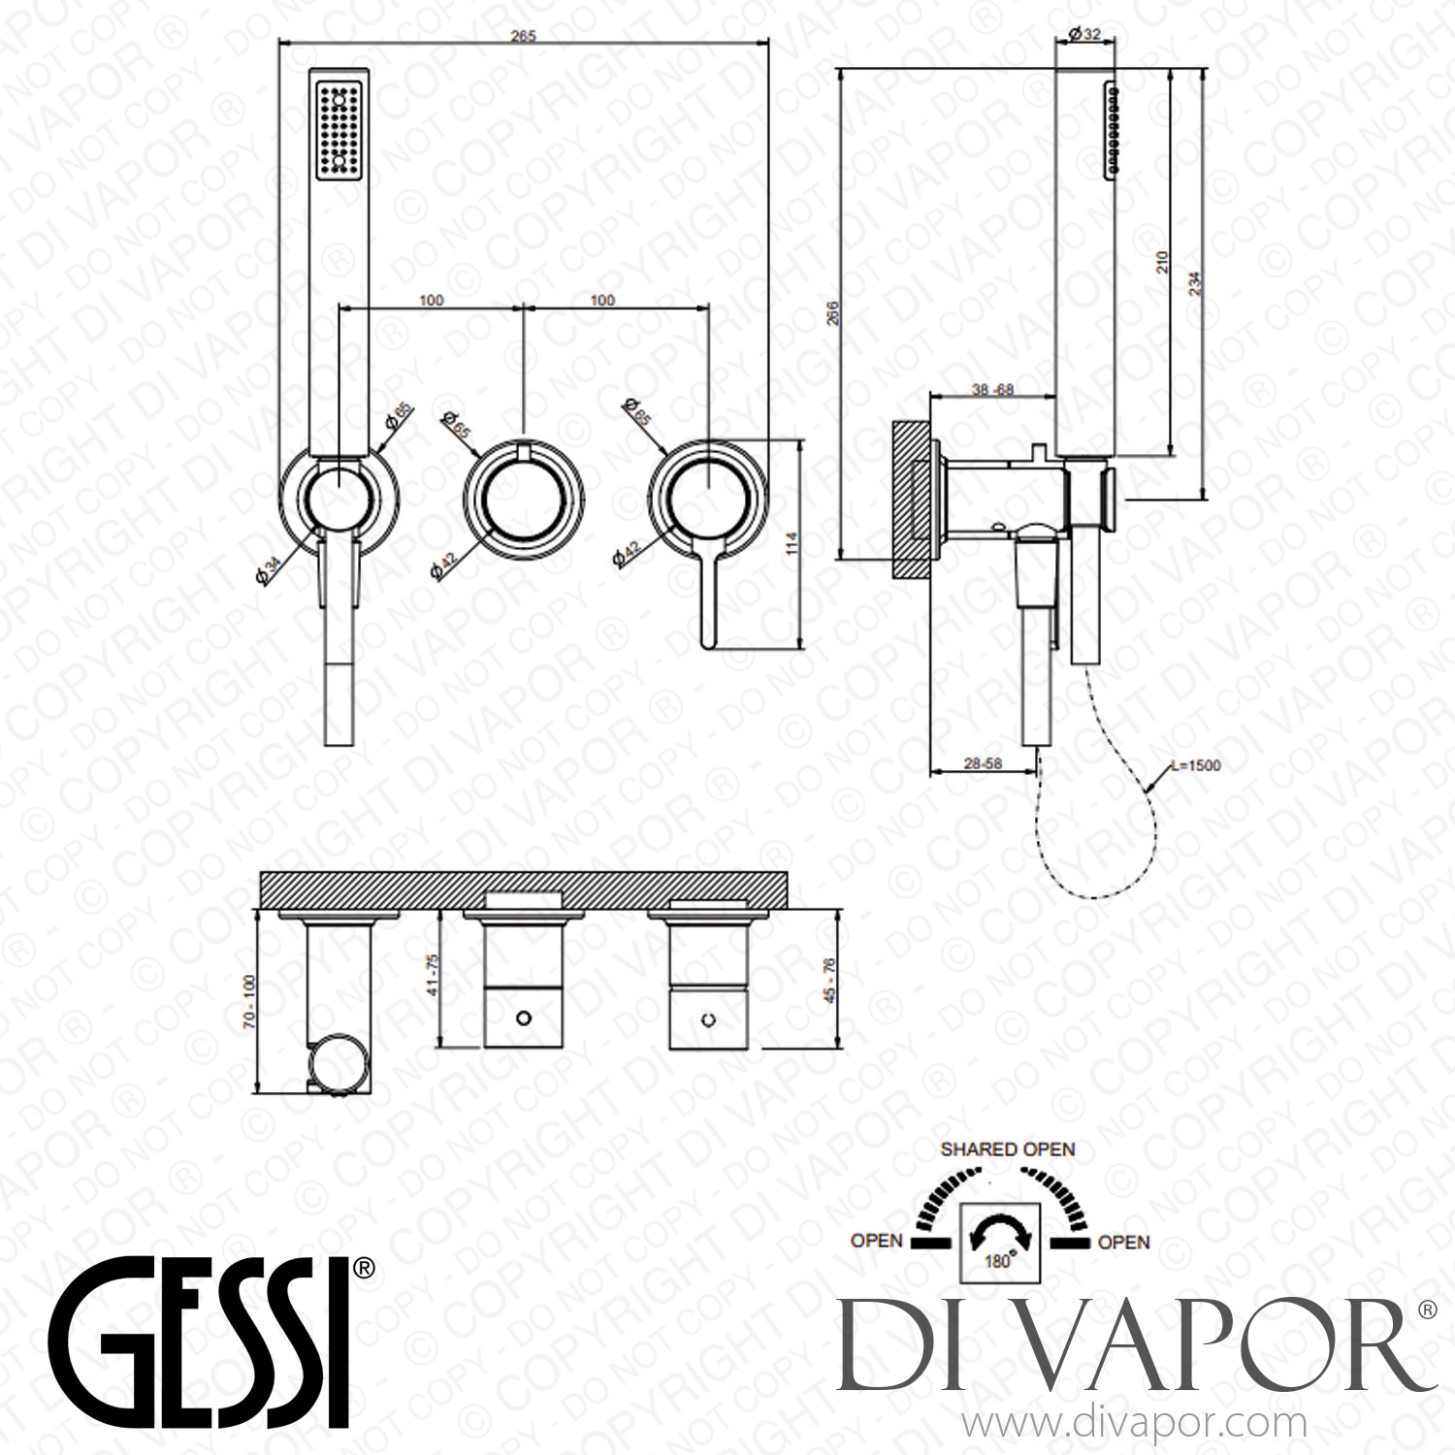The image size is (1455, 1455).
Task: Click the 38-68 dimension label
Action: pyautogui.click(x=992, y=389)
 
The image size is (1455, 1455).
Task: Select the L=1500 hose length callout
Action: pyautogui.click(x=1195, y=765)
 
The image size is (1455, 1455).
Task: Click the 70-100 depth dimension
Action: pyautogui.click(x=251, y=1001)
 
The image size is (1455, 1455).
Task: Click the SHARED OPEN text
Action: pyautogui.click(x=1008, y=1149)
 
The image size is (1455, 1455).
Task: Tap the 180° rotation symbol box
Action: pyautogui.click(x=999, y=1242)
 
